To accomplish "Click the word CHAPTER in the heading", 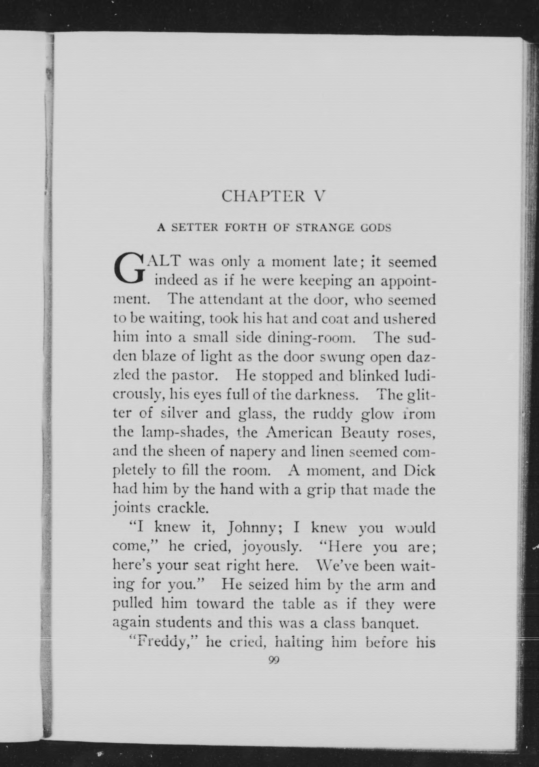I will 263,196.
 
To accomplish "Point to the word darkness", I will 327,395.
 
